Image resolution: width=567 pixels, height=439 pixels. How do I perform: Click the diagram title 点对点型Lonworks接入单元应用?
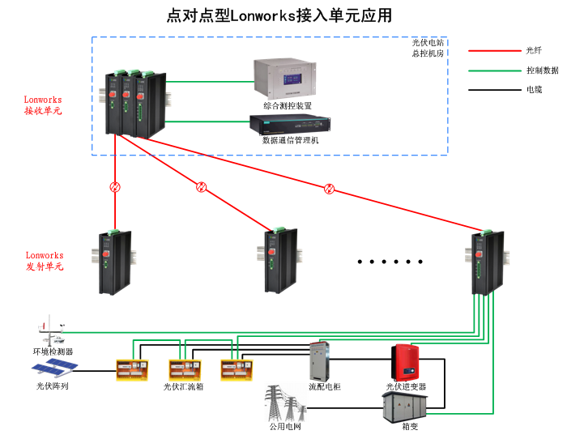tap(279, 15)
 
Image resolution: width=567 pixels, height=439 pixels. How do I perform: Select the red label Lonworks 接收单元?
tap(43, 105)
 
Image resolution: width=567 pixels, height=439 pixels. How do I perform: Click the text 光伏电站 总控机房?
tap(428, 48)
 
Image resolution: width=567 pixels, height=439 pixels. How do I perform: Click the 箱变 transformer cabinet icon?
tap(405, 406)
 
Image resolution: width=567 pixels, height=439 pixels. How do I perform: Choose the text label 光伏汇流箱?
tap(183, 387)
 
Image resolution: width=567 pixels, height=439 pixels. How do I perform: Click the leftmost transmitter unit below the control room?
tap(114, 262)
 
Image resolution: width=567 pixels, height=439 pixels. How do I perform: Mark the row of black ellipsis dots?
tap(391, 262)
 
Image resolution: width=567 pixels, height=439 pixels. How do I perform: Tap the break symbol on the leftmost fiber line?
tap(115, 187)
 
